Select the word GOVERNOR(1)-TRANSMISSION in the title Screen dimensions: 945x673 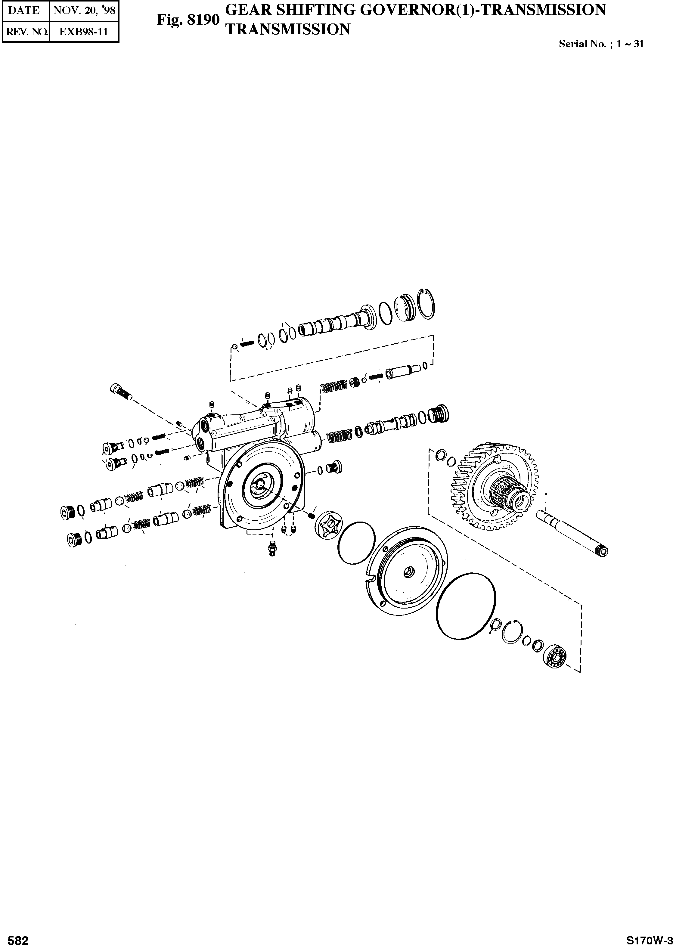[x=483, y=10]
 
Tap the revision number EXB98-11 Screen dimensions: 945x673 [x=84, y=32]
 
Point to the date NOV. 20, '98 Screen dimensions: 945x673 [x=84, y=10]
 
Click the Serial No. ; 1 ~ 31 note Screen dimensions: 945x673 [x=601, y=44]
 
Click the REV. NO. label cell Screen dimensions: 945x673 [x=26, y=32]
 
